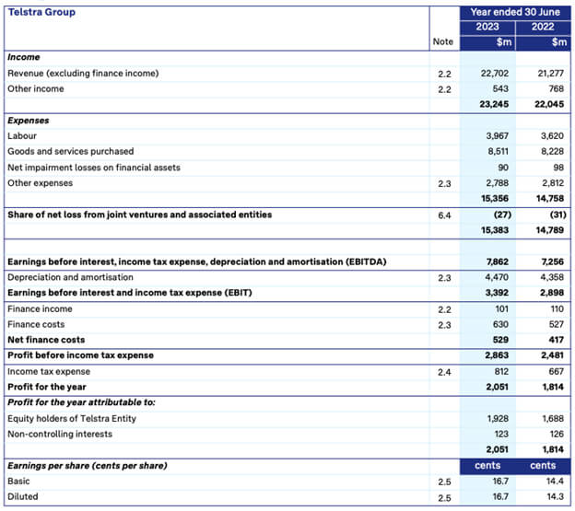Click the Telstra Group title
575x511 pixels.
point(41,12)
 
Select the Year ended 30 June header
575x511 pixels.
point(516,12)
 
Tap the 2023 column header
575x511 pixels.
point(487,27)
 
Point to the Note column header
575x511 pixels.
point(443,42)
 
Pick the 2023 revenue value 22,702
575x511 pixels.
point(495,73)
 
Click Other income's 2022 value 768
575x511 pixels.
point(557,88)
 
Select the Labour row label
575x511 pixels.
point(22,135)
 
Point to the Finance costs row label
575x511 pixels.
point(36,324)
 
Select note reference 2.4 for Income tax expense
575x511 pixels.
point(445,371)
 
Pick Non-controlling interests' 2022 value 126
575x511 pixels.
point(557,434)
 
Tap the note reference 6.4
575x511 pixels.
point(445,215)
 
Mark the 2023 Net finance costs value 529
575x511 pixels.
point(501,340)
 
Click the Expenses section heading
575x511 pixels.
point(28,120)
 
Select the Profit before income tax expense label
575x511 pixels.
point(80,355)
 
